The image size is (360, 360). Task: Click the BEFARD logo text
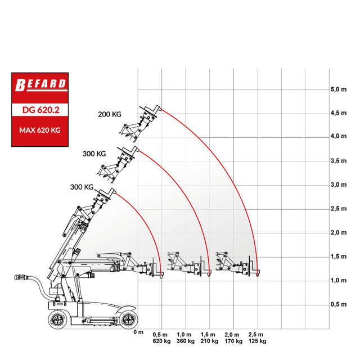(x=40, y=84)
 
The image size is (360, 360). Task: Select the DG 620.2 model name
(x=41, y=110)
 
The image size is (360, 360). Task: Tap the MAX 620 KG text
(x=40, y=130)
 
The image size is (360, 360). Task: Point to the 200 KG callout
(x=110, y=114)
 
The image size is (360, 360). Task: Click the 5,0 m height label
(x=339, y=89)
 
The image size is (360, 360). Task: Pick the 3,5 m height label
(x=339, y=161)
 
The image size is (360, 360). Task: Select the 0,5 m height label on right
(x=339, y=304)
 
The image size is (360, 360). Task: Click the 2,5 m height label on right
(x=339, y=209)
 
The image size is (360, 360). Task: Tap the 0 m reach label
(x=138, y=332)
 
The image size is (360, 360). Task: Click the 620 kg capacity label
(x=161, y=341)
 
